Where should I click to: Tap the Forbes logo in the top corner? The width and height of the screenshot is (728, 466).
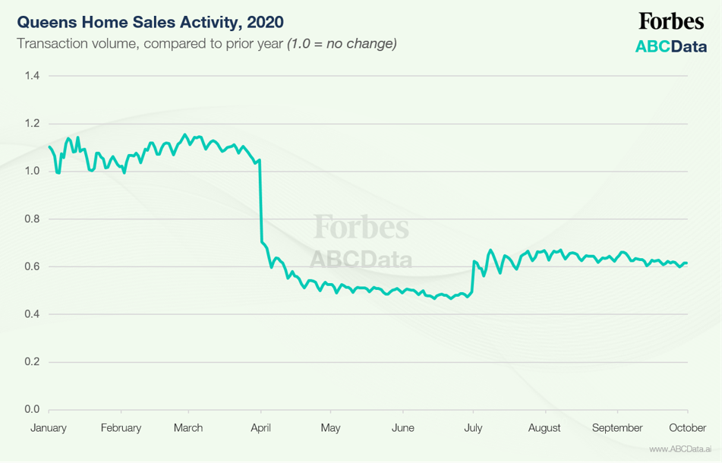(670, 21)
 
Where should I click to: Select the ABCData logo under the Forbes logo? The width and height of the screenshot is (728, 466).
(670, 46)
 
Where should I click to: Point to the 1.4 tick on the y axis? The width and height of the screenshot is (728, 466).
(32, 75)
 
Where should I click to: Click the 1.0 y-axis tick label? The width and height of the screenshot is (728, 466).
(32, 171)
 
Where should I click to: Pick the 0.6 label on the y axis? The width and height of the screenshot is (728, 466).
(32, 266)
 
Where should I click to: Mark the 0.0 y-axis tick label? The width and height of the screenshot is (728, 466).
(32, 410)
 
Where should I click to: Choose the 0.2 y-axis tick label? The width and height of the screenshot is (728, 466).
(32, 362)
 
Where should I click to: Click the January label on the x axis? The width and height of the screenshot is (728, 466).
(49, 428)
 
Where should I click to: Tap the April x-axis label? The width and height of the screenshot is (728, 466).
(261, 428)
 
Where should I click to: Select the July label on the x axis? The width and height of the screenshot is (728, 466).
(473, 428)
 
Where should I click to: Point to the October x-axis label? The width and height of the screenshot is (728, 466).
(688, 428)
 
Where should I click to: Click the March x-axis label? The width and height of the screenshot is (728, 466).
(188, 428)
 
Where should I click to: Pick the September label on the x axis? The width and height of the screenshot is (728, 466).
(617, 428)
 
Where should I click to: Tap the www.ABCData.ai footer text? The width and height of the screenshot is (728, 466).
(680, 449)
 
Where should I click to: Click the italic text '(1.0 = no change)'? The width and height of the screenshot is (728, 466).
(342, 43)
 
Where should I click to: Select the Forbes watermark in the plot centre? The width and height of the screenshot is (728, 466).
(361, 227)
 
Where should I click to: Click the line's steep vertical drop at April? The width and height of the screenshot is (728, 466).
(261, 205)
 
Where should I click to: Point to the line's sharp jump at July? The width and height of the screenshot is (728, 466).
(473, 277)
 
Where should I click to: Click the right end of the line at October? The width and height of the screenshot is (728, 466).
(686, 263)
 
